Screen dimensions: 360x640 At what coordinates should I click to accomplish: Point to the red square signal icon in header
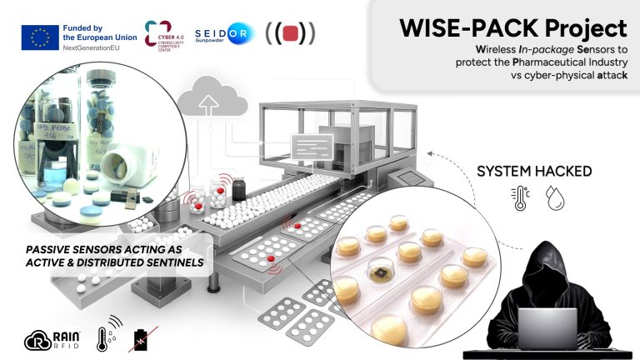tap(290, 34)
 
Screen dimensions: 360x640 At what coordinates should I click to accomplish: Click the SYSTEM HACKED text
tap(533, 172)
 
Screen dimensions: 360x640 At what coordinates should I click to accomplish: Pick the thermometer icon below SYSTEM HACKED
tap(520, 198)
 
